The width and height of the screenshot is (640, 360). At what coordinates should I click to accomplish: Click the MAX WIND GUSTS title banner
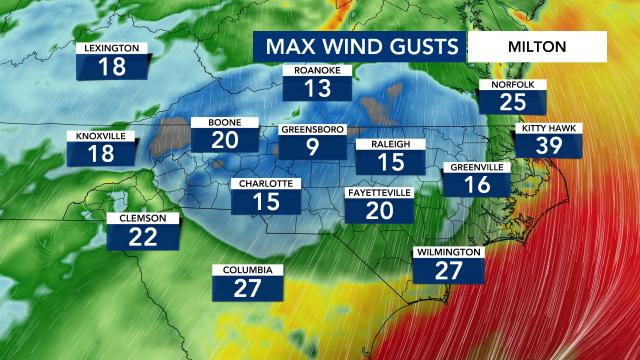(x=361, y=46)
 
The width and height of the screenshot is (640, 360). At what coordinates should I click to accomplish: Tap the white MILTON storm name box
(x=537, y=46)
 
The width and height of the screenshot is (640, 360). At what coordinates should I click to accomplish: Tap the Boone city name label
(x=224, y=122)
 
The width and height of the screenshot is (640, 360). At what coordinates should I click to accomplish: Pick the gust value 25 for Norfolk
(x=512, y=101)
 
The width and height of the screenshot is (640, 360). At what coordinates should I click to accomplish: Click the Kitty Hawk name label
(x=550, y=129)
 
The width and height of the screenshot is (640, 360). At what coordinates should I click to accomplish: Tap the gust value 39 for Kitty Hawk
(x=550, y=147)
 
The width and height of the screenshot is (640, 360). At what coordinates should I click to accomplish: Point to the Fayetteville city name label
(x=379, y=191)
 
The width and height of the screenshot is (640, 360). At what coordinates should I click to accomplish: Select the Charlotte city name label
(x=265, y=184)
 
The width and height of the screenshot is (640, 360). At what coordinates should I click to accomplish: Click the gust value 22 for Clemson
(x=143, y=236)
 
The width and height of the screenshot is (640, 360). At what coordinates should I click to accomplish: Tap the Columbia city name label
(x=247, y=270)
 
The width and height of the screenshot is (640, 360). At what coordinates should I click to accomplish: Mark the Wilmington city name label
(x=450, y=252)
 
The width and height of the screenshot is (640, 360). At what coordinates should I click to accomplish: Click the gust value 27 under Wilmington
(x=450, y=270)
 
